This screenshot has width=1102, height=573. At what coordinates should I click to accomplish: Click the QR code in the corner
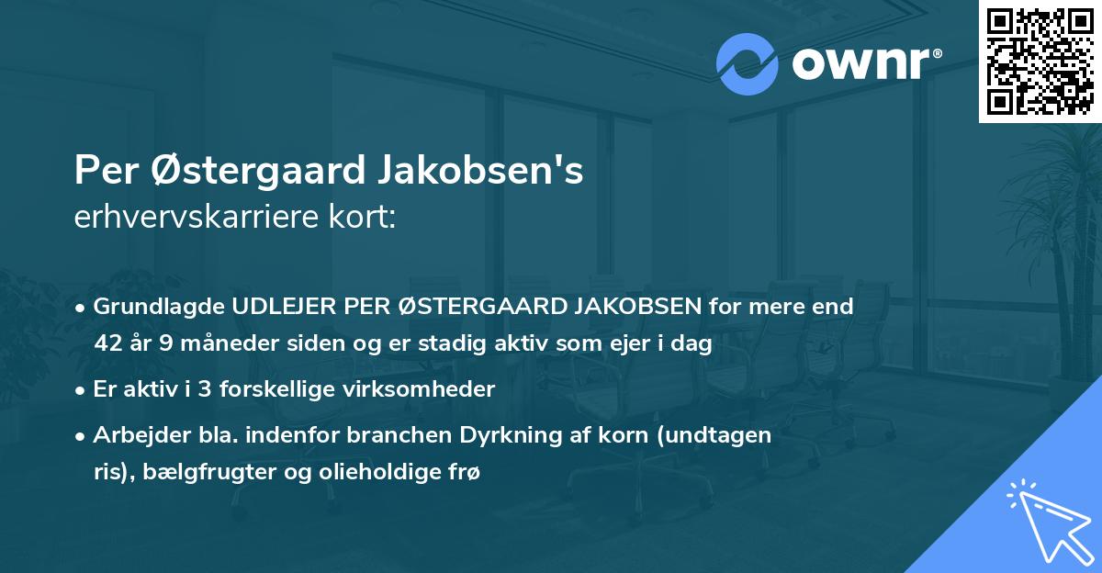[x=1040, y=61]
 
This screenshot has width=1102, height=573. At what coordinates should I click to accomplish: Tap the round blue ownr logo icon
[x=748, y=63]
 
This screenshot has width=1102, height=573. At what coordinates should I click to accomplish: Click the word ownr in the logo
[x=860, y=64]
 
